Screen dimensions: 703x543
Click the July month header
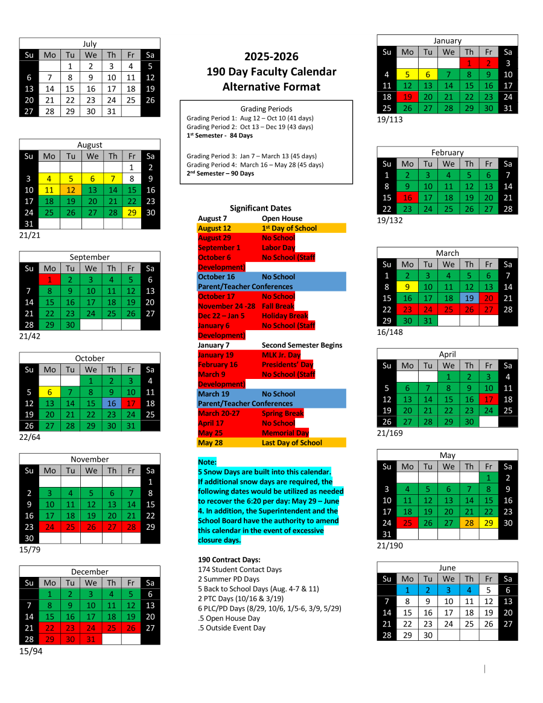coord(89,43)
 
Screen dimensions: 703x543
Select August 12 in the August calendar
coord(70,190)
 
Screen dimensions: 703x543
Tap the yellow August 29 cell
coord(131,212)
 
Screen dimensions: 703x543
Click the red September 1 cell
coord(49,279)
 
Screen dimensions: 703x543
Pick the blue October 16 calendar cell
coord(111,403)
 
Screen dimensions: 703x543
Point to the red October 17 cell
coord(131,403)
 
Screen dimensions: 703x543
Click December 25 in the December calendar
coord(111,628)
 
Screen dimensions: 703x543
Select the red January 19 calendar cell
coord(407,97)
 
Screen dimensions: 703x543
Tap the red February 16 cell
coord(407,197)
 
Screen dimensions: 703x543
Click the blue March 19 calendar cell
coord(469,298)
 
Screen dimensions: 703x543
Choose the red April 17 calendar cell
coord(489,399)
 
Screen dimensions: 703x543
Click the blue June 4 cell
coord(469,590)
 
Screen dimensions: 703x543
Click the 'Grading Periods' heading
coord(266,109)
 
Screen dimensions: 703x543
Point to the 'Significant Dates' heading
coord(260,208)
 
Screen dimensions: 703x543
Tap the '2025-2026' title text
coord(271,57)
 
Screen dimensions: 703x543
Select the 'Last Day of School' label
coord(292,442)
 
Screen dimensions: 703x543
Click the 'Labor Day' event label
coord(278,247)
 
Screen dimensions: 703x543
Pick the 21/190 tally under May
coord(390,546)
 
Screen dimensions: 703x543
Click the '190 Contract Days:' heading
coord(229,559)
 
